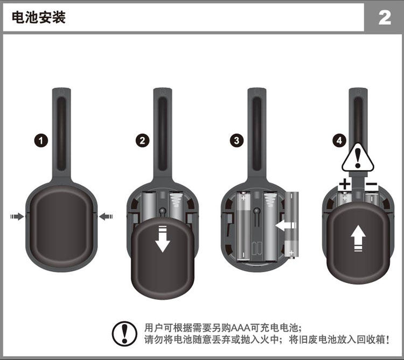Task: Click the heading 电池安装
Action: click(39, 18)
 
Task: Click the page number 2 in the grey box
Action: click(385, 18)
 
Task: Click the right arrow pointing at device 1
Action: click(106, 216)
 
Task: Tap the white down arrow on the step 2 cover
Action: click(162, 242)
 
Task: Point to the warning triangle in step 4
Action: click(358, 156)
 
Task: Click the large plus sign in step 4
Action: click(345, 185)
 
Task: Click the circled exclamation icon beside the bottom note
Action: click(124, 333)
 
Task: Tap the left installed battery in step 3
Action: click(243, 226)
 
